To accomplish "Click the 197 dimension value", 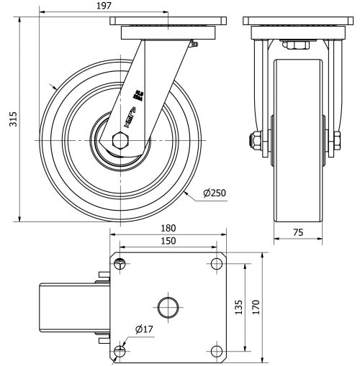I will pyautogui.click(x=103, y=6).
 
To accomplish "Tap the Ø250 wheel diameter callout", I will pyautogui.click(x=216, y=193).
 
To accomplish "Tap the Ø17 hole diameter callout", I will pyautogui.click(x=143, y=330).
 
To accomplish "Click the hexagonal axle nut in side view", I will pyautogui.click(x=119, y=138).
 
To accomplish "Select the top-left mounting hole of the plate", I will pyautogui.click(x=120, y=263).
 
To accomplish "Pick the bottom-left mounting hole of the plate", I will pyautogui.click(x=120, y=351).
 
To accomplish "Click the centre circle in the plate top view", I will pyautogui.click(x=168, y=306).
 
